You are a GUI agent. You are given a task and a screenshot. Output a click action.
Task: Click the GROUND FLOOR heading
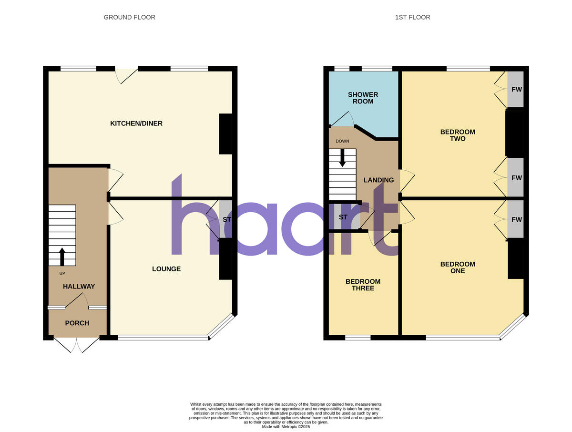tap(129, 17)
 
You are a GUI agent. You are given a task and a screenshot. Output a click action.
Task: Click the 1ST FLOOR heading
tap(412, 17)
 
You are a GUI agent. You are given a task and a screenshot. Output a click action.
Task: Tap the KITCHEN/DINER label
tap(136, 123)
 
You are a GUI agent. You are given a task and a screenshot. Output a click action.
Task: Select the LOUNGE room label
tap(166, 269)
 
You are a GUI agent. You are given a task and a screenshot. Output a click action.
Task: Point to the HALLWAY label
tap(79, 287)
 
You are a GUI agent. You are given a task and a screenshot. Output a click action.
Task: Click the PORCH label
tap(77, 323)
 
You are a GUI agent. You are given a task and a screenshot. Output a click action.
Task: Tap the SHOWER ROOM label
tap(363, 98)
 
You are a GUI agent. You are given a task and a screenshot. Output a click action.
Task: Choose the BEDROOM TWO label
tap(458, 135)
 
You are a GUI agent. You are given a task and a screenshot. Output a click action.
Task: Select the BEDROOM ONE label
tap(458, 267)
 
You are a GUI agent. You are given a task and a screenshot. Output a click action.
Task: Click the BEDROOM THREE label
tap(363, 285)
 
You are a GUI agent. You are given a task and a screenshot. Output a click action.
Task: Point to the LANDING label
tap(378, 180)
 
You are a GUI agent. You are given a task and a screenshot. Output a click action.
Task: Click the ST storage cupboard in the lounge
tap(226, 220)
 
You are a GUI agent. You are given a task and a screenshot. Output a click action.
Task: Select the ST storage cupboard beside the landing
tap(343, 217)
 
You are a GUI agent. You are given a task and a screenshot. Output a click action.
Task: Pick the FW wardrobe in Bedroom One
tap(516, 219)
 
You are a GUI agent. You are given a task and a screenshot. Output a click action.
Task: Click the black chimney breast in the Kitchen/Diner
tap(225, 134)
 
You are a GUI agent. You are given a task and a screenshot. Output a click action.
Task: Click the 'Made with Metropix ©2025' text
tap(286, 427)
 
